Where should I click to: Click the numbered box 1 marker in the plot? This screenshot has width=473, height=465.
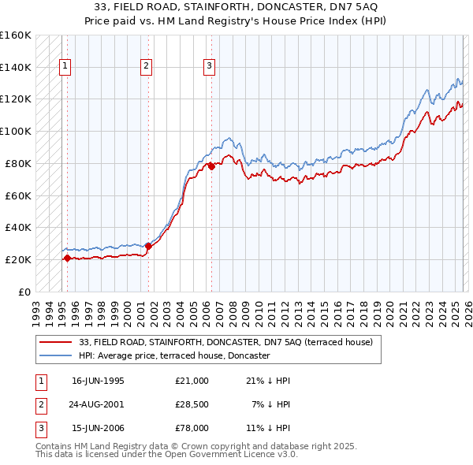click(x=64, y=67)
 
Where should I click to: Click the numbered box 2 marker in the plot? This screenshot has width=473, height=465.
click(x=147, y=67)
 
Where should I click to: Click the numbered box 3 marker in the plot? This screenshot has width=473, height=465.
click(x=210, y=67)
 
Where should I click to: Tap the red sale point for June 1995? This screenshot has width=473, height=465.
click(x=67, y=258)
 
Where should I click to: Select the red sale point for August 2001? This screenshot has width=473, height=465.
click(x=148, y=246)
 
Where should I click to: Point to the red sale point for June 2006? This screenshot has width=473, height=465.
click(x=212, y=166)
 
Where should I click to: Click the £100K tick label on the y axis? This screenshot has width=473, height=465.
click(x=15, y=131)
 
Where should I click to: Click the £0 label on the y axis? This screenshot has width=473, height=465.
click(x=24, y=292)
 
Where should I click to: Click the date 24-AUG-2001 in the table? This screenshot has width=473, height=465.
click(x=98, y=404)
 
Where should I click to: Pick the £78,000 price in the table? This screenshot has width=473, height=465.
click(x=192, y=428)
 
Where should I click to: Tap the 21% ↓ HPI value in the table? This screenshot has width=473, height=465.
click(x=268, y=381)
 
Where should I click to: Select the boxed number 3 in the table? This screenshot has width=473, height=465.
click(x=39, y=428)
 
